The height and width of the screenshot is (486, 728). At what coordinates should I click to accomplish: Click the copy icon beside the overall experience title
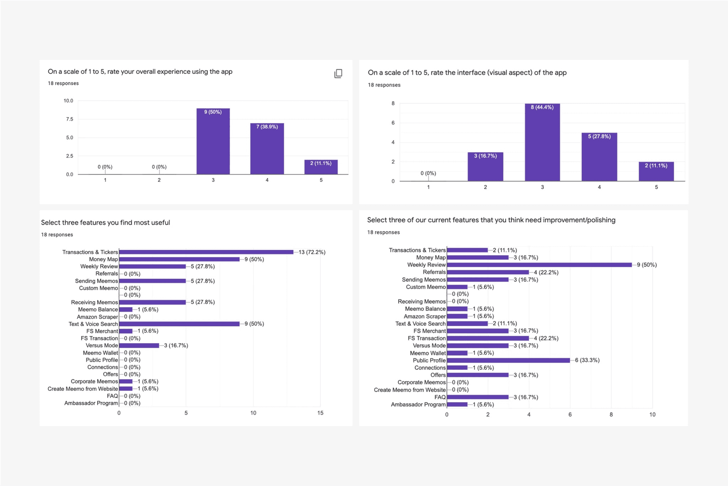point(338,74)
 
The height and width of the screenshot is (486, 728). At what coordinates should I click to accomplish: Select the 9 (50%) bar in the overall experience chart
point(213,142)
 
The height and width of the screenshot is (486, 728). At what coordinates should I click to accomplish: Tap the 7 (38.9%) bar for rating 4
point(267,149)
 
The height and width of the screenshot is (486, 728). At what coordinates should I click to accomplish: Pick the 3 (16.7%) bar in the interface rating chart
point(485,167)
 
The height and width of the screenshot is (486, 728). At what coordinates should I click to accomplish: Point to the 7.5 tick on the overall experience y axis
point(69,119)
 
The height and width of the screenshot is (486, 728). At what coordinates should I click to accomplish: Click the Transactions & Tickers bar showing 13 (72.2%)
point(206,252)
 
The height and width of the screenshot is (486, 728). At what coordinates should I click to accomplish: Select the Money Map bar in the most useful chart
point(179,259)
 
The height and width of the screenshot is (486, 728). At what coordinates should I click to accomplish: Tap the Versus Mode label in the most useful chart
point(102,345)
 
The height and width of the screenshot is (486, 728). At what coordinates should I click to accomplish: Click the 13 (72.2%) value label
point(312,252)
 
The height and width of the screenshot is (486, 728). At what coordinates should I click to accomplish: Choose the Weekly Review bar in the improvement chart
point(539,265)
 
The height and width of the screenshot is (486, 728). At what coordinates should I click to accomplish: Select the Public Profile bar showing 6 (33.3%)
point(508,360)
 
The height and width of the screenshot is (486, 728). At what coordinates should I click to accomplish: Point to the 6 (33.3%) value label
point(587,360)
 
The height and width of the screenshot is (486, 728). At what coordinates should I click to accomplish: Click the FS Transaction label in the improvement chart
point(427,338)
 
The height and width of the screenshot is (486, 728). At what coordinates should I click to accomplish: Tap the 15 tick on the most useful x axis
point(320,413)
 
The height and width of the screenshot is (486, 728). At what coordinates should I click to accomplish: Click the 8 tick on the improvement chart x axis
point(611,414)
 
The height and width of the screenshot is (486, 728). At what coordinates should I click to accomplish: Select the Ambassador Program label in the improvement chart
point(418,405)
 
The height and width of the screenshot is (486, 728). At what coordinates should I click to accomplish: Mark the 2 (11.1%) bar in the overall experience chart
point(321,167)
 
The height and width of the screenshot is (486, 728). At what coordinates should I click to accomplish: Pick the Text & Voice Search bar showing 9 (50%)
point(179,324)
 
